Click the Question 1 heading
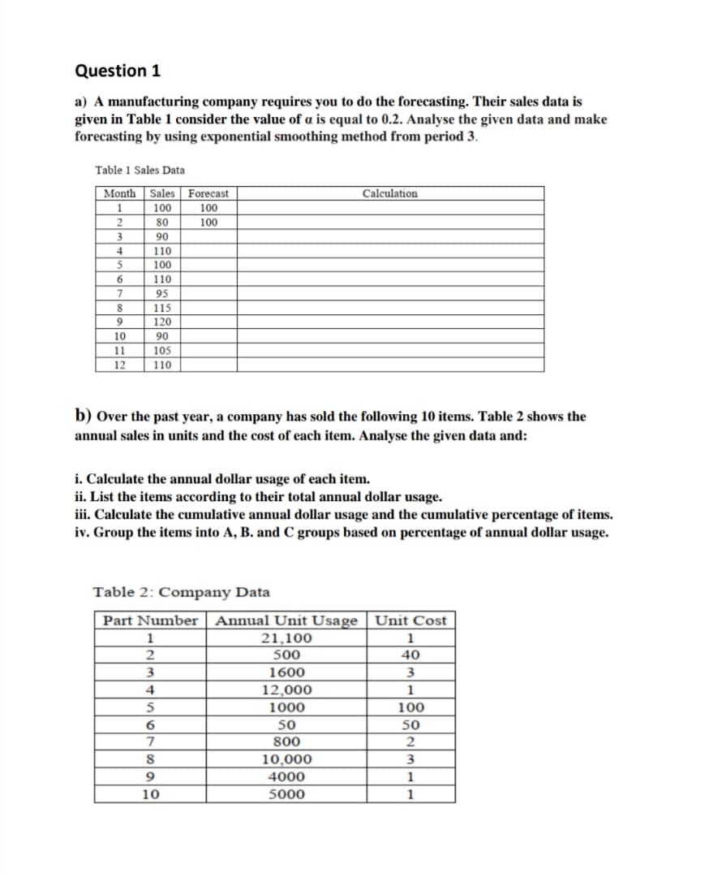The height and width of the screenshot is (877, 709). tap(118, 71)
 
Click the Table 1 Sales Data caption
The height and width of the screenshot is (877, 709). tap(140, 171)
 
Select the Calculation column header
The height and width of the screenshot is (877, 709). tap(390, 194)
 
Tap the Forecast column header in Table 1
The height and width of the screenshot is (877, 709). tap(208, 194)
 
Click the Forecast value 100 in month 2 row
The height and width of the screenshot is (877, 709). tap(208, 222)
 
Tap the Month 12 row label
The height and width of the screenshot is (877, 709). tap(118, 365)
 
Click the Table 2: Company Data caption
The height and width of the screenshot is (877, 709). tap(182, 592)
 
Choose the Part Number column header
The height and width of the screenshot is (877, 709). tap(150, 621)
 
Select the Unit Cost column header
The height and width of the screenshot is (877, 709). tap(411, 621)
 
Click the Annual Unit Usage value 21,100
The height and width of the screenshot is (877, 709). tap(286, 638)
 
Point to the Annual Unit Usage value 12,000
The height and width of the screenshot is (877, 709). tap(286, 690)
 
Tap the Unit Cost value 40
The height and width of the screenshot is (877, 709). tap(410, 655)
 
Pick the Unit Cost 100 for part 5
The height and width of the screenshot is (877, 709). tap(410, 707)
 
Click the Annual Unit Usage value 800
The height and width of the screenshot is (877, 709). tap(286, 741)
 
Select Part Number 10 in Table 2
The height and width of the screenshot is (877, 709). tap(150, 794)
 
